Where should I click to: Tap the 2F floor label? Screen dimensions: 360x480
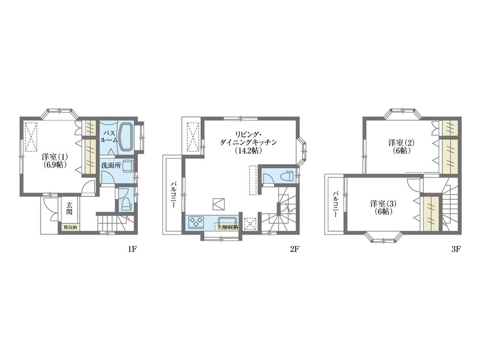pyautogui.click(x=294, y=249)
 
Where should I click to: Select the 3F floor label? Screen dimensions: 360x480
pyautogui.click(x=456, y=249)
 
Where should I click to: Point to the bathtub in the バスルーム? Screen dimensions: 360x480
pyautogui.click(x=126, y=136)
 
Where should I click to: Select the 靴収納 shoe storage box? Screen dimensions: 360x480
pyautogui.click(x=70, y=228)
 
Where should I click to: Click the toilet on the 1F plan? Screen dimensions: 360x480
pyautogui.click(x=125, y=203)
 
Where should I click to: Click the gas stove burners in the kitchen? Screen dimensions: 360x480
pyautogui.click(x=197, y=222)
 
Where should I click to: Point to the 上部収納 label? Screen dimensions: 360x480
pyautogui.click(x=227, y=228)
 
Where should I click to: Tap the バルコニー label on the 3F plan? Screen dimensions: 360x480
pyautogui.click(x=336, y=204)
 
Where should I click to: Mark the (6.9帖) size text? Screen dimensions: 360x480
pyautogui.click(x=54, y=164)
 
